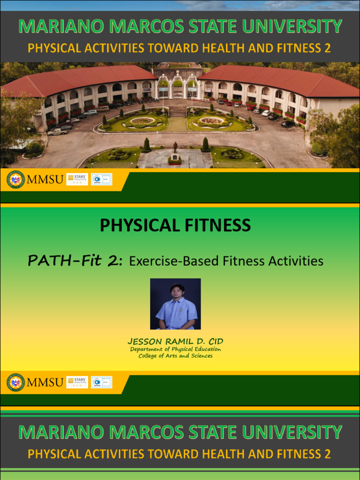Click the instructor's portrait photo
point(175,304)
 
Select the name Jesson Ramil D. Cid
point(175,341)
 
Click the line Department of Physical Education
point(175,349)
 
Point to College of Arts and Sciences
point(175,356)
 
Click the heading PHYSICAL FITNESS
point(175,225)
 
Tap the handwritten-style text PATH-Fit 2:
point(75,261)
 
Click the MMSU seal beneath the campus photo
point(15,180)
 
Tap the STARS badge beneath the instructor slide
point(77,382)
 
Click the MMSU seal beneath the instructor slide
point(15,382)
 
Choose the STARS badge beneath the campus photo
point(77,179)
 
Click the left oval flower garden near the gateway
point(142,121)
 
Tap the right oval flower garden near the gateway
point(212,121)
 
